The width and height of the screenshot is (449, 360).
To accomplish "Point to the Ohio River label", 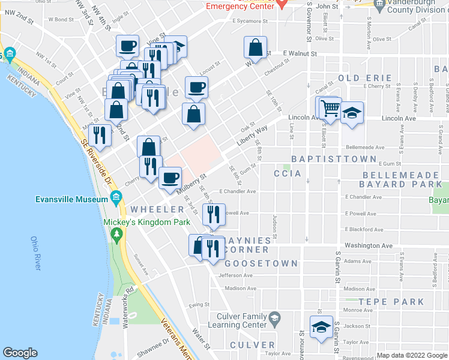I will (x=35, y=253).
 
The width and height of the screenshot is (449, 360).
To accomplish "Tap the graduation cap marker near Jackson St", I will (x=321, y=327).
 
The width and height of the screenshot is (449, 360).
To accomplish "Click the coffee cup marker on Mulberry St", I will (x=170, y=178).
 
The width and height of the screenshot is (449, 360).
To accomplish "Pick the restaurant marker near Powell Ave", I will (x=214, y=214).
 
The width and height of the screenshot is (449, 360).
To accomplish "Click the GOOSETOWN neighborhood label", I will (x=261, y=263).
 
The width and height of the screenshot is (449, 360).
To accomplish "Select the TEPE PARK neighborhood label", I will (x=391, y=302).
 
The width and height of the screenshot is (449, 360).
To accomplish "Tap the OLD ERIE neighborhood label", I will (x=365, y=78).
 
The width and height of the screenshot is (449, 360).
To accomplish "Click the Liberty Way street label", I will (x=252, y=133).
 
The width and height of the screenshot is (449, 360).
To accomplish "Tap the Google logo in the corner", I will (x=20, y=353).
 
